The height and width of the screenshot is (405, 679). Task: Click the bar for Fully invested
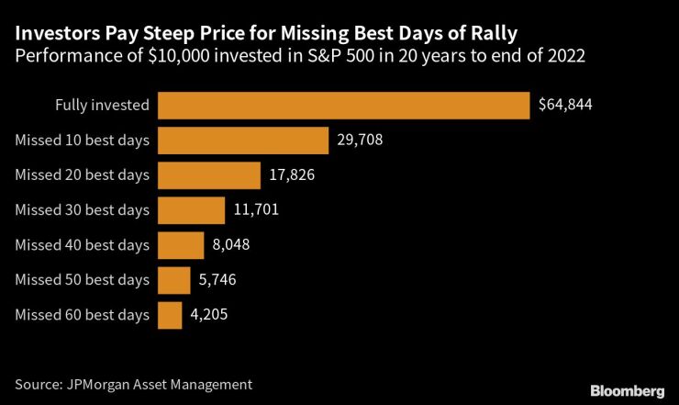344,105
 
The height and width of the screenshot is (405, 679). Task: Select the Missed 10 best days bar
243,140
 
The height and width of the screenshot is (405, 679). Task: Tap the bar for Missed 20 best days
209,174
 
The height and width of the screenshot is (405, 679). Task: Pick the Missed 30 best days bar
191,210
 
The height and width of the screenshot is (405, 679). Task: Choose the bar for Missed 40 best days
181,245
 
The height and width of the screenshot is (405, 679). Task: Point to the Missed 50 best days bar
174,280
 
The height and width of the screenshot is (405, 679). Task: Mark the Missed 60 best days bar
170,315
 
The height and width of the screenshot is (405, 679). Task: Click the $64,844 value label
565,105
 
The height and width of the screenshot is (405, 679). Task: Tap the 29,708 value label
360,140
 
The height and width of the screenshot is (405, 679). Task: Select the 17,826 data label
292,174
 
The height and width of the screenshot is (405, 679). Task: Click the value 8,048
230,245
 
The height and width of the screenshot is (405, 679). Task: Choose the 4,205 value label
208,315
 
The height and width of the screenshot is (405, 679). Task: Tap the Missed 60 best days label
82,315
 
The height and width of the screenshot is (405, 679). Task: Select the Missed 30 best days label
82,210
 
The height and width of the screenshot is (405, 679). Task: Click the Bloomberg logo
626,386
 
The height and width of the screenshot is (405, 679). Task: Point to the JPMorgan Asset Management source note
133,383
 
